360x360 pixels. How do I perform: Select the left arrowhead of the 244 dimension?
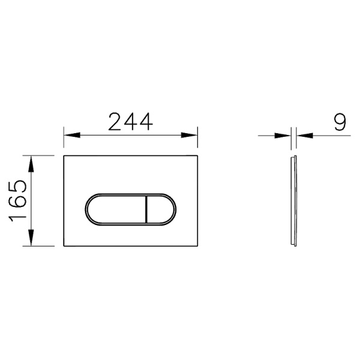tap(68, 135)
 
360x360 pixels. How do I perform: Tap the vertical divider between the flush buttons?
tap(146, 209)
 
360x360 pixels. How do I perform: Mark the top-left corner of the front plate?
tap(64, 156)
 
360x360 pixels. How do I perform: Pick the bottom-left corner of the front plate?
tap(64, 246)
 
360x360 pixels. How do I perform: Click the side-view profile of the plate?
tap(292, 201)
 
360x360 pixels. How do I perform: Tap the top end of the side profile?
tap(292, 157)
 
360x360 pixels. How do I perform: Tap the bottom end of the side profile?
tap(292, 245)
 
